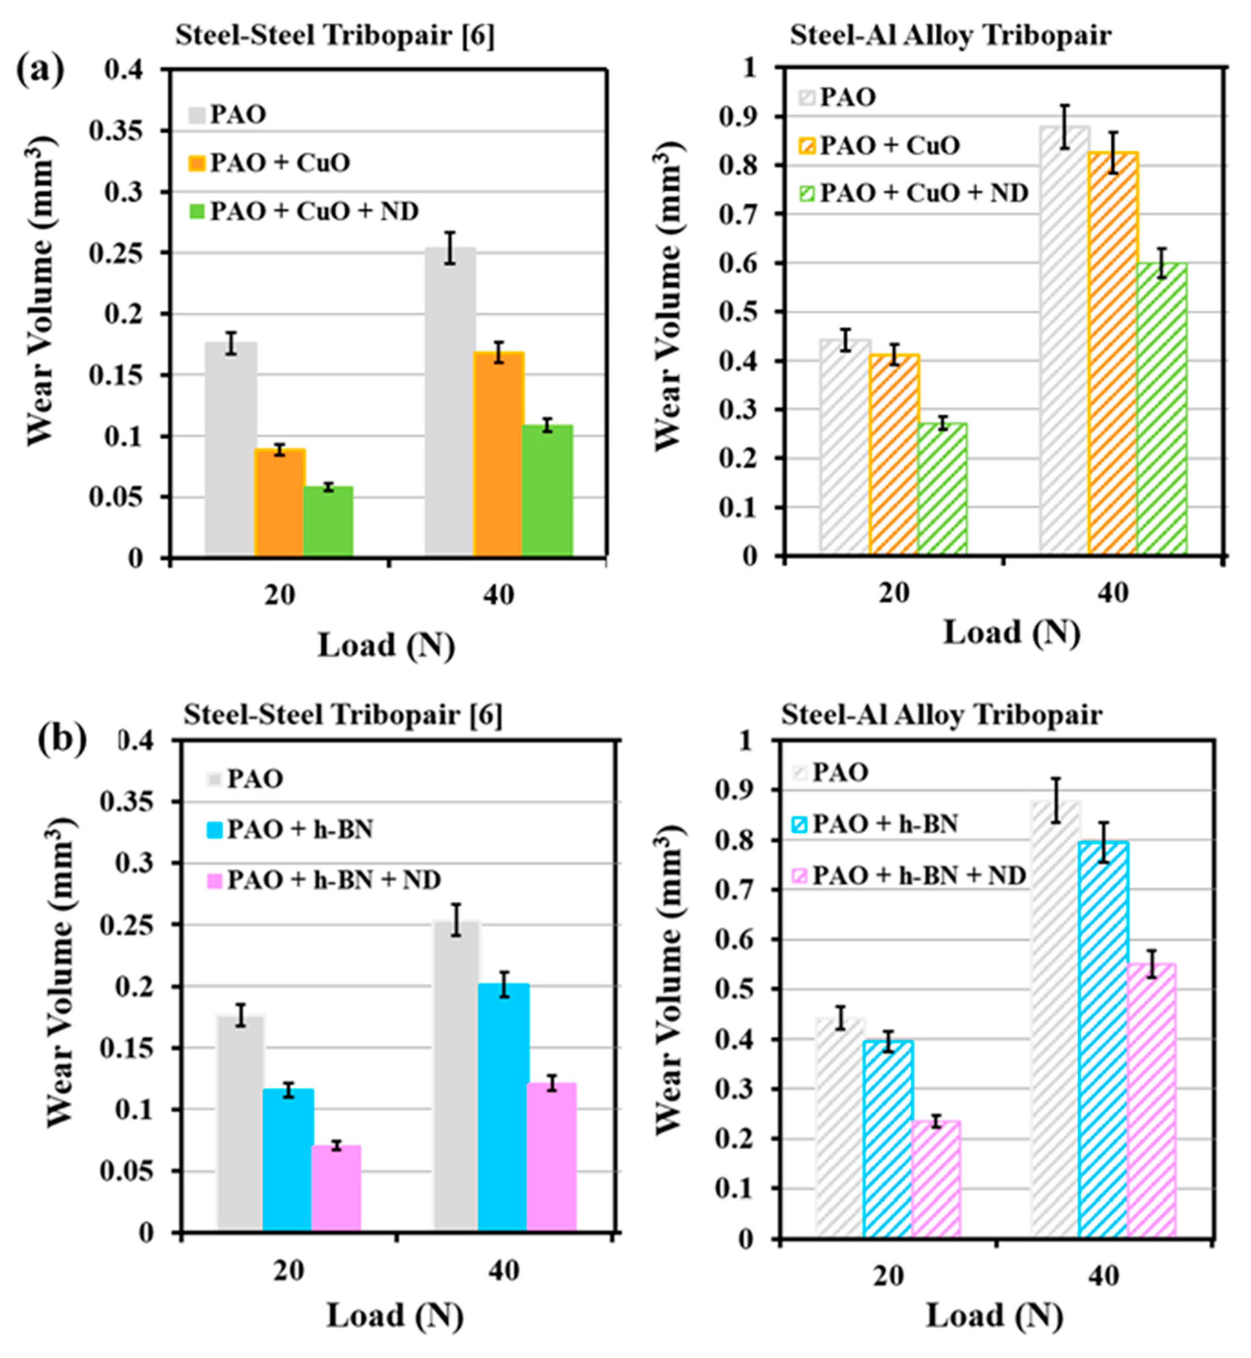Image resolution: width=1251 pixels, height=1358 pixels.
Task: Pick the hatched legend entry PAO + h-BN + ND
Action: pyautogui.click(x=910, y=875)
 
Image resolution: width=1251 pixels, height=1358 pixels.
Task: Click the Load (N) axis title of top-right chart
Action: pyautogui.click(x=1012, y=633)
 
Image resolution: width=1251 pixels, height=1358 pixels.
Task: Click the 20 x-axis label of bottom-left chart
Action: pyautogui.click(x=289, y=1271)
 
